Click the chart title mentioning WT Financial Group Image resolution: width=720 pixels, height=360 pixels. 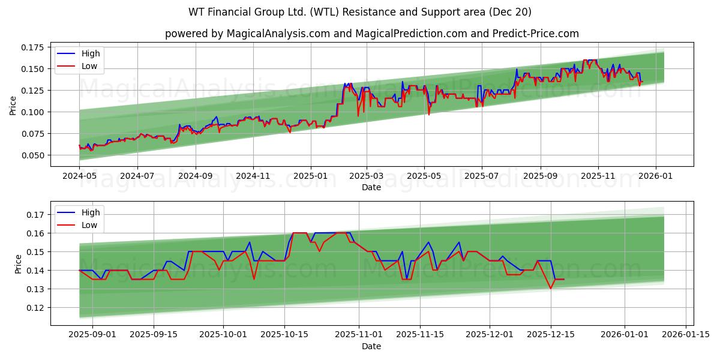[359, 12]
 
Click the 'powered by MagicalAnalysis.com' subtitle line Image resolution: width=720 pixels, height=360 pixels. [371, 34]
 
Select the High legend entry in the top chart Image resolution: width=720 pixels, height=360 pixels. [91, 53]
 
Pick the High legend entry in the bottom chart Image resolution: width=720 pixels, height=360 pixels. [91, 212]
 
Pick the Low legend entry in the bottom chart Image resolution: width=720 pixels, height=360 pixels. [89, 225]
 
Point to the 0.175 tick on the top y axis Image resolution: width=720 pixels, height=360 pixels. [33, 47]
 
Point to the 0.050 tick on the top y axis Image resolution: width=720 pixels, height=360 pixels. [33, 155]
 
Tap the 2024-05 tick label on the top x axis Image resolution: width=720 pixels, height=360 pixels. [79, 177]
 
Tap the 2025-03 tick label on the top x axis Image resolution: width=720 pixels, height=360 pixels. [366, 177]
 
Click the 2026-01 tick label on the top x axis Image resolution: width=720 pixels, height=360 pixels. [655, 177]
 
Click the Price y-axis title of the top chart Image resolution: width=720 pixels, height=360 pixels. [13, 105]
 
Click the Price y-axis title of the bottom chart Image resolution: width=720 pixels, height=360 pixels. [18, 264]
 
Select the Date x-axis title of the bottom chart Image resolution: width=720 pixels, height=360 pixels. [371, 346]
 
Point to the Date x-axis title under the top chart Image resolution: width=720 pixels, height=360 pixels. [371, 188]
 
